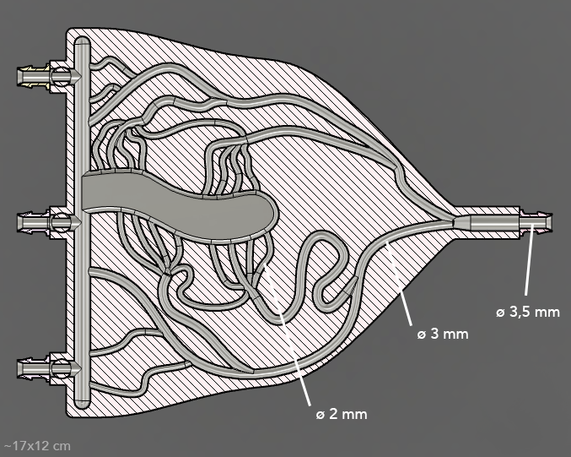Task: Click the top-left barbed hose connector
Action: [x=35, y=76]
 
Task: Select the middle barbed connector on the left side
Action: [x=35, y=222]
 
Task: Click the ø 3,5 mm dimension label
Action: [x=528, y=312]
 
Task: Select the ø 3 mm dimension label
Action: [x=442, y=334]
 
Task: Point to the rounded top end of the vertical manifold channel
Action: [x=82, y=47]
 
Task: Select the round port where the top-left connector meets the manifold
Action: [x=61, y=76]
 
